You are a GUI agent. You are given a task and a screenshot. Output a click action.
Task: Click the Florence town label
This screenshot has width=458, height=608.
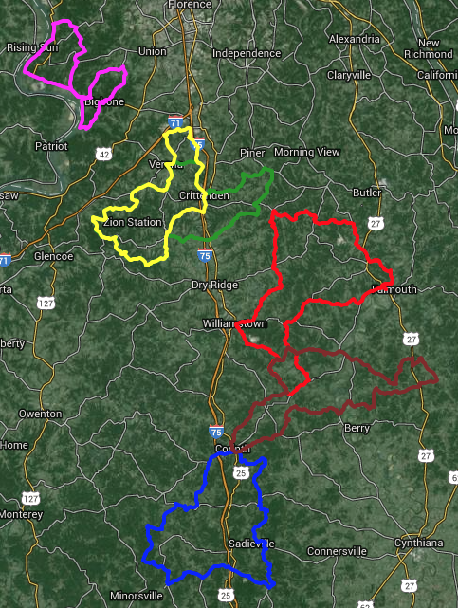click(189, 5)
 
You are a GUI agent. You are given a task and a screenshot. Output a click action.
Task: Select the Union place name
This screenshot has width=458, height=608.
click(152, 52)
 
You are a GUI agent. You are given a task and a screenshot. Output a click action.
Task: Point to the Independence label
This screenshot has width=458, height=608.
click(247, 54)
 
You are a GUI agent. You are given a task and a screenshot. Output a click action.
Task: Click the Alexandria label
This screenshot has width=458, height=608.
click(354, 39)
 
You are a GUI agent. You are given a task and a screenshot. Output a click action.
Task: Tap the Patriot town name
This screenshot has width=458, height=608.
click(51, 146)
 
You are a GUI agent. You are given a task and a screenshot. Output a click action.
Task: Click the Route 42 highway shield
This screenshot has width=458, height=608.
click(103, 154)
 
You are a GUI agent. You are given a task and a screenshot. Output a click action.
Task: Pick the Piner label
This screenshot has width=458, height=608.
click(252, 153)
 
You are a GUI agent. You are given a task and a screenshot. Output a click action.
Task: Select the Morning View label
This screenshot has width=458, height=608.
click(306, 152)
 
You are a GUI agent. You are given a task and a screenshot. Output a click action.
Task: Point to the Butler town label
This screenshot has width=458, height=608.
click(367, 193)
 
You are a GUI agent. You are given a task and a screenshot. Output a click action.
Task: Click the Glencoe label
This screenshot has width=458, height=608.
click(53, 256)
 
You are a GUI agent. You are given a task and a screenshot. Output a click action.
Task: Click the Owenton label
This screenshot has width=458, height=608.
click(40, 414)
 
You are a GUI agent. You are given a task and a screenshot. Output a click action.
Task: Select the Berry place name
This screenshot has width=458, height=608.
click(357, 428)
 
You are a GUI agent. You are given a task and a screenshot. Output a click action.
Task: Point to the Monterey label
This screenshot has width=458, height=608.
click(21, 514)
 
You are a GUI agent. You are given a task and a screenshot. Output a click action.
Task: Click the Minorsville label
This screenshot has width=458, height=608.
click(136, 596)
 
